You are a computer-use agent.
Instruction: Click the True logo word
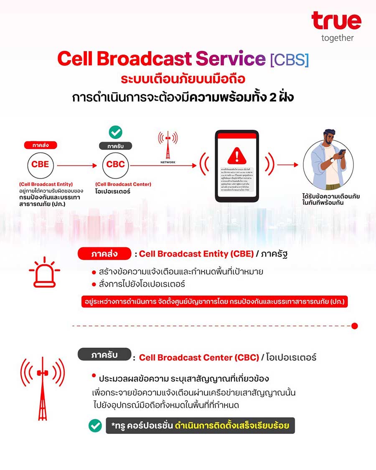tap(336, 21)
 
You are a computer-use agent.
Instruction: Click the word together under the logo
tap(338, 38)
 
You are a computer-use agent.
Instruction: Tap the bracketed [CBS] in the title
tap(290, 59)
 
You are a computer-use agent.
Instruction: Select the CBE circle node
tap(40, 165)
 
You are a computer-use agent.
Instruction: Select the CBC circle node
tap(115, 165)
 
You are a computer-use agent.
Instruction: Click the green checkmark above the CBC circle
tap(115, 132)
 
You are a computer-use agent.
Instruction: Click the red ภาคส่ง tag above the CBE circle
tap(40, 145)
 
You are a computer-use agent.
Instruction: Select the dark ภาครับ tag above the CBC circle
tap(115, 146)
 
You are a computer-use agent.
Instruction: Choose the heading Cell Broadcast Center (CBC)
tap(199, 358)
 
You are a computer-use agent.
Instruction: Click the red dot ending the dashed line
tap(355, 326)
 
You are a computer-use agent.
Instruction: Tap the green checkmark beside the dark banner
tap(95, 426)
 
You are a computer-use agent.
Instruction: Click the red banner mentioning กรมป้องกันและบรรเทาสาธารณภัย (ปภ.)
tap(215, 302)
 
